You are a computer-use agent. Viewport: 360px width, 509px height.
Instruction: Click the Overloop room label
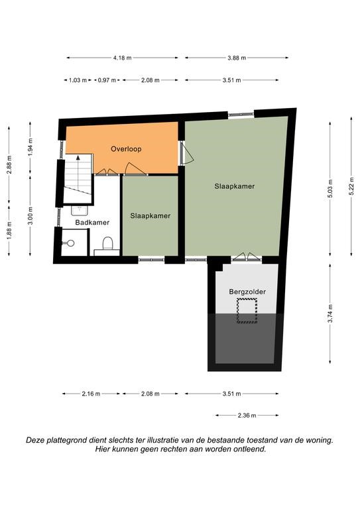tap(126, 149)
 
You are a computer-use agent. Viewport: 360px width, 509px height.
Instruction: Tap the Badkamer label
tap(92, 223)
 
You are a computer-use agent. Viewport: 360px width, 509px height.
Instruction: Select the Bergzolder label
tap(247, 292)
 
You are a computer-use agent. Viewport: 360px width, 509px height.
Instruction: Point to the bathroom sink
tap(80, 210)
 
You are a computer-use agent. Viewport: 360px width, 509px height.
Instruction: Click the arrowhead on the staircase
tap(78, 158)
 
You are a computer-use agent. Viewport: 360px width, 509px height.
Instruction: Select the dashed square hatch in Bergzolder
tap(247, 311)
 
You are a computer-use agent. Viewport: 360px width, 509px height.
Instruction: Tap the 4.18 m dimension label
tap(123, 58)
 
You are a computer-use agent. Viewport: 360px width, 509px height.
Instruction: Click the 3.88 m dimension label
tap(237, 58)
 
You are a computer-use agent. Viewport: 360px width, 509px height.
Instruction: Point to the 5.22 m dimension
tap(351, 186)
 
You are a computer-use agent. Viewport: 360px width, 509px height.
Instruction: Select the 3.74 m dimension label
tap(330, 313)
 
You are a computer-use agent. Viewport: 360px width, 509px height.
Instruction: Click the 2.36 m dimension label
tap(247, 415)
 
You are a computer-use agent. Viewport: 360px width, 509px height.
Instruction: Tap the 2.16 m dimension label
tap(91, 394)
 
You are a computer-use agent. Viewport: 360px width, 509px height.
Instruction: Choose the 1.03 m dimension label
tap(78, 80)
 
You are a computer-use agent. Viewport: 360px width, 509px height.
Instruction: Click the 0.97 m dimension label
tap(107, 80)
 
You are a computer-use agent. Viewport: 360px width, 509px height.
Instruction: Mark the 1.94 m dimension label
tap(30, 147)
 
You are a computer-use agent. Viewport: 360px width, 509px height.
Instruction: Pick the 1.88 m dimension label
tap(9, 230)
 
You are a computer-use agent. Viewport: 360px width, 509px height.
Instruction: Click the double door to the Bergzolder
tap(247, 257)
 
